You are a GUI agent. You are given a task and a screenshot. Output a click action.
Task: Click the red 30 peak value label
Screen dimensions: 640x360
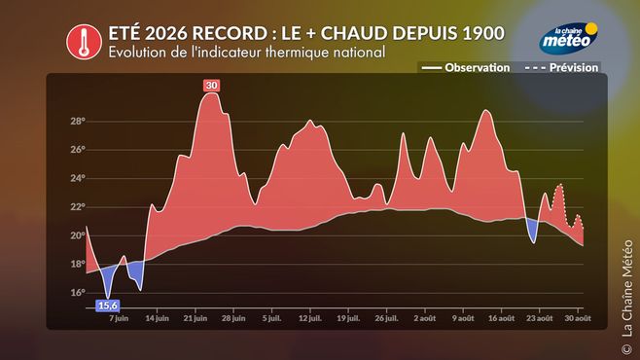coord(211,86)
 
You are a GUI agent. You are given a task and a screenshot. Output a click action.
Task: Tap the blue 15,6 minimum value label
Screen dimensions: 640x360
coord(108,306)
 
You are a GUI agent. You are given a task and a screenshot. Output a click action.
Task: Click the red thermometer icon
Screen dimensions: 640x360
coord(84,42)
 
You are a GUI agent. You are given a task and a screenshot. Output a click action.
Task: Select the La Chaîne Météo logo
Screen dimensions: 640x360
coord(569,38)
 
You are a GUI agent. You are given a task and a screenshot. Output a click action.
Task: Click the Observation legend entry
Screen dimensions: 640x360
coord(465,68)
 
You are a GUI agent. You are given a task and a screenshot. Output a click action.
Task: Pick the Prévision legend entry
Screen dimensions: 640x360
coord(561,68)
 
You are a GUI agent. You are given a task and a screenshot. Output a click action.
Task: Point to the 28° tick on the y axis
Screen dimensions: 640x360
coord(77,122)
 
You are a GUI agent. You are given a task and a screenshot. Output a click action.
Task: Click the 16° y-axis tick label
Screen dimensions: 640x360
coord(77,293)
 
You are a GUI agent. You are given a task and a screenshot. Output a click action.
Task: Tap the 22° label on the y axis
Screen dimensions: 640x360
coord(77,207)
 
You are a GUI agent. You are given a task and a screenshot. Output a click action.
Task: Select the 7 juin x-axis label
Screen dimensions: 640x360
coord(119,318)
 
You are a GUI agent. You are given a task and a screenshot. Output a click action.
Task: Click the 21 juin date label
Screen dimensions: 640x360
coord(196,318)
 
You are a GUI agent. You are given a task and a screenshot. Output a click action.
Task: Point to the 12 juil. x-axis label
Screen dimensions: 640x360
coord(310,318)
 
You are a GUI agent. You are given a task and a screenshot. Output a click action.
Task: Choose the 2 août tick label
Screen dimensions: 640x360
coord(424,318)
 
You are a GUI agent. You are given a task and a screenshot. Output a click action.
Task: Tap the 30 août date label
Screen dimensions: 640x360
coord(578,318)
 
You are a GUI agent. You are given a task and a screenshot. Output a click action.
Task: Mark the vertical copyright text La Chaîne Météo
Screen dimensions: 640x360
coord(626,296)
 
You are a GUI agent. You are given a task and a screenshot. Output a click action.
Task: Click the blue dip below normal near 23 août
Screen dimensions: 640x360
coord(532,231)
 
